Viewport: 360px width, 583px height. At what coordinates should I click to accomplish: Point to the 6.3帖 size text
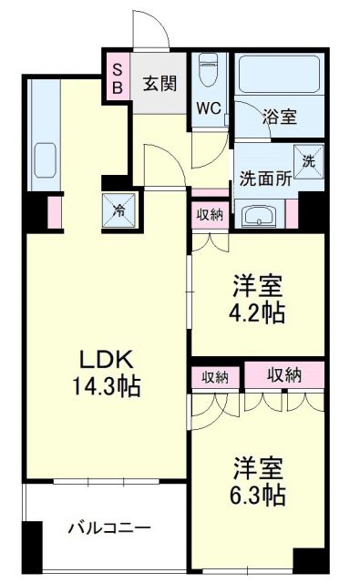[x=257, y=495]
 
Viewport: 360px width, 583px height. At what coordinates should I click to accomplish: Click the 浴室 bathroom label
[x=279, y=116]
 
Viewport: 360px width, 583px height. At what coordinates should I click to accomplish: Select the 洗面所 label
[x=265, y=179]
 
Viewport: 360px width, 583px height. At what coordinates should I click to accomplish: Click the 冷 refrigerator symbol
[x=119, y=210]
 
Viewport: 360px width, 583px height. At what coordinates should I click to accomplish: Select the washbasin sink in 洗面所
[x=263, y=217]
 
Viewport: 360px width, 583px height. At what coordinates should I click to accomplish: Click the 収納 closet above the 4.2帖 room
[x=209, y=215]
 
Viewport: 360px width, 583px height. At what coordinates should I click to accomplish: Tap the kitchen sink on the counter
[x=43, y=162]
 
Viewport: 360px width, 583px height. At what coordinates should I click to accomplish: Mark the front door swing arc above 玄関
[x=152, y=29]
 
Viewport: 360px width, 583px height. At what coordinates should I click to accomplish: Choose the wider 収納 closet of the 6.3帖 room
[x=284, y=375]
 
